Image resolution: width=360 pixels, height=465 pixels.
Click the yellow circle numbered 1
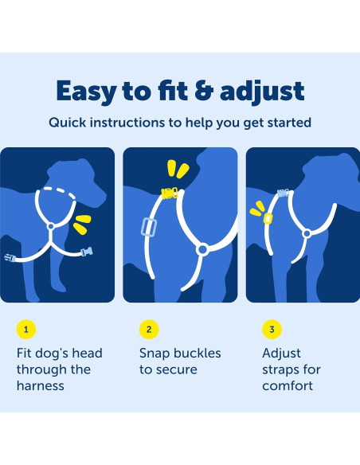[x=26, y=329]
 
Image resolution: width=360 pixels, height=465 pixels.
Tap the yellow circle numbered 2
[x=149, y=329]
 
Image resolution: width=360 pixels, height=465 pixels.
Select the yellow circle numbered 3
[x=272, y=329]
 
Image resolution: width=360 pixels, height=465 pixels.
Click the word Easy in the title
[x=87, y=92]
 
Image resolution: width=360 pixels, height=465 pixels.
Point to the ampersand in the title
[x=204, y=90]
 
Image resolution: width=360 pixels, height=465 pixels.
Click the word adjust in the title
[x=262, y=92]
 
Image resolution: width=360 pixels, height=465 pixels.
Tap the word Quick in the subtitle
[x=68, y=123]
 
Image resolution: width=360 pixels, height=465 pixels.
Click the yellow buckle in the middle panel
[x=170, y=193]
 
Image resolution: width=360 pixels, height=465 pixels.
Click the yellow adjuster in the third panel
[x=268, y=218]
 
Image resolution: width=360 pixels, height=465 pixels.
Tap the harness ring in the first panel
[x=51, y=227]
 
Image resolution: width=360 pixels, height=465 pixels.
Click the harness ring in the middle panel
[x=203, y=249]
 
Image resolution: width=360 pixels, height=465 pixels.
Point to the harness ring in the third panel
[x=307, y=233]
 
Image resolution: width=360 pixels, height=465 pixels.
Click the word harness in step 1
[x=41, y=386]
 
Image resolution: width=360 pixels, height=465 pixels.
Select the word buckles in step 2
[x=198, y=354]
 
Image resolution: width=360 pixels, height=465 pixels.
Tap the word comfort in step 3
[x=288, y=386]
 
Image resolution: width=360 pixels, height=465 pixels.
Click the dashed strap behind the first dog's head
[x=59, y=191]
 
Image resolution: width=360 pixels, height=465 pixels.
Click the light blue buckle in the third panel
[x=284, y=193]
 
